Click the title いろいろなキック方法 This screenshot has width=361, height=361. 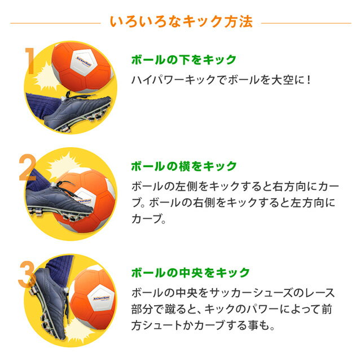click(x=180, y=22)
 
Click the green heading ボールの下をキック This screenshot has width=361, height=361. click(x=183, y=59)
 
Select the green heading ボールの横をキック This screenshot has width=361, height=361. click(x=183, y=166)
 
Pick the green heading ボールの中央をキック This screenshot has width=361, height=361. click(x=190, y=273)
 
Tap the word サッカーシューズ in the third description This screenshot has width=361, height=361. click(x=255, y=293)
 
